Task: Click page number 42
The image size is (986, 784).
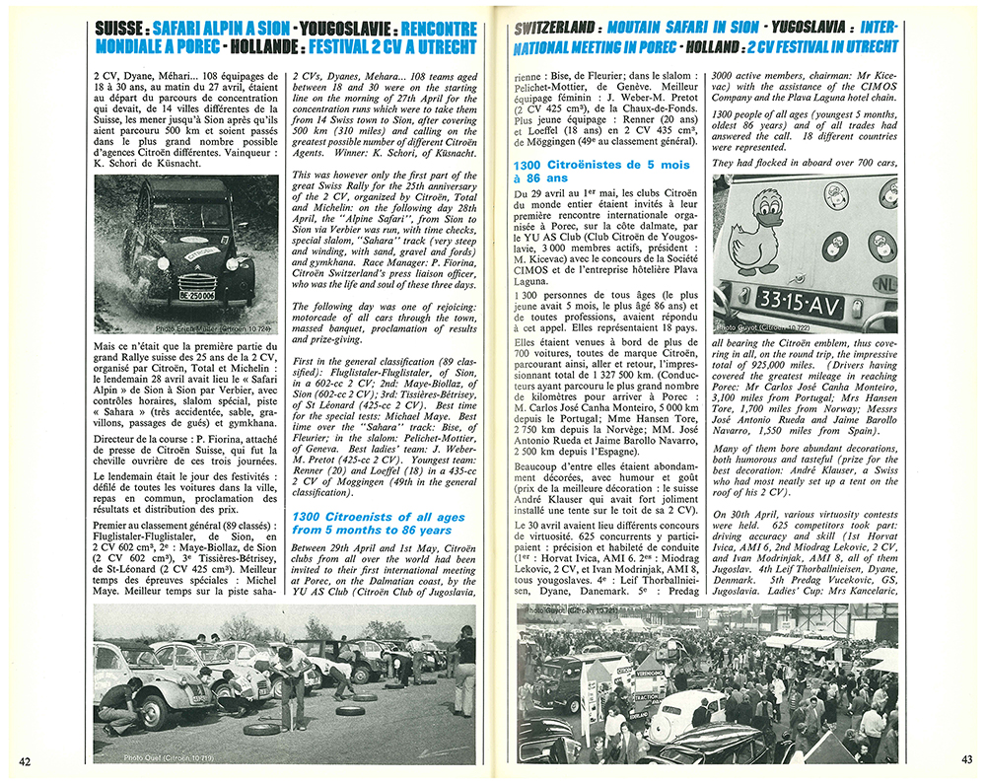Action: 25,761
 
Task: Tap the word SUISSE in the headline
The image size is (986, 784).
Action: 122,29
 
